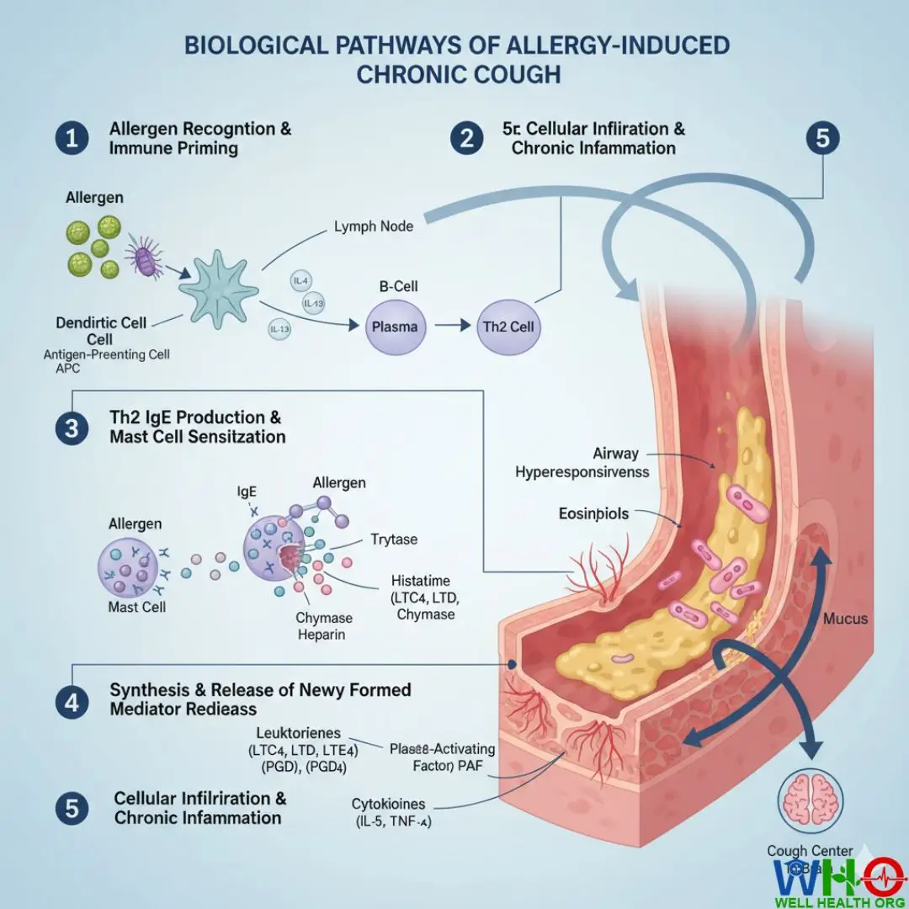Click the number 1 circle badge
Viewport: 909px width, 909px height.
72,139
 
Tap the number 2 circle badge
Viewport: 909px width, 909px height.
468,139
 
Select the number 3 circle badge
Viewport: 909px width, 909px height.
72,428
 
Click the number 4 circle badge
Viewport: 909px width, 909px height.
72,700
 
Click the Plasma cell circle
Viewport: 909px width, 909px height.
395,326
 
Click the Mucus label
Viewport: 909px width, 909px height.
846,619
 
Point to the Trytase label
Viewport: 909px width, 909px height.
394,540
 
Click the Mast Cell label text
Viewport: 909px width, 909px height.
137,607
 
